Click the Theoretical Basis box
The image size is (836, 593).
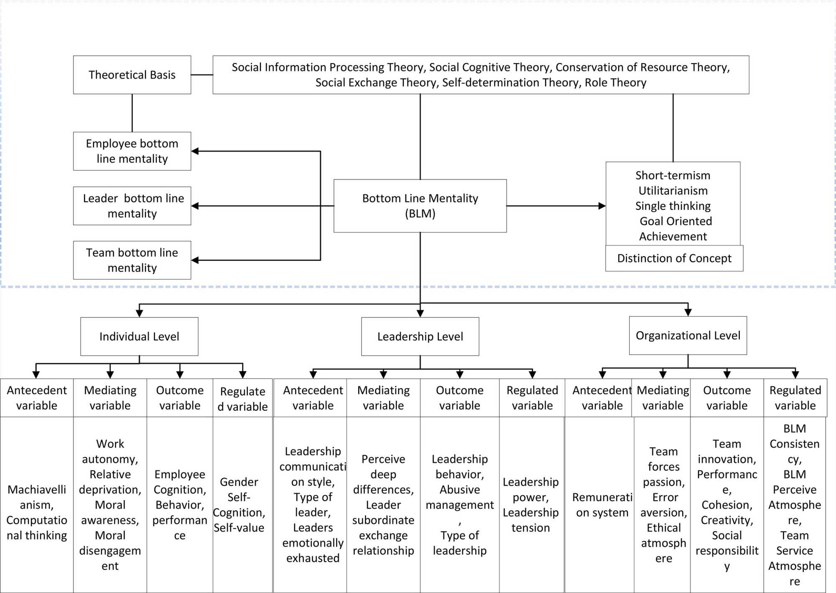tap(132, 75)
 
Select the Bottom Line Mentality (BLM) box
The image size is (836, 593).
tap(420, 206)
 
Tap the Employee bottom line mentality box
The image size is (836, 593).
tap(132, 151)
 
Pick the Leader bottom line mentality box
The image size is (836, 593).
tap(132, 206)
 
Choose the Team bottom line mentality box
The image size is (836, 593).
tap(132, 260)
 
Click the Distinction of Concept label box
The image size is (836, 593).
tap(674, 258)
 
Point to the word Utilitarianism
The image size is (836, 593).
tap(673, 191)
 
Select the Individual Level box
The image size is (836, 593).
tap(139, 336)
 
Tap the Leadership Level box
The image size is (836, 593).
tap(420, 336)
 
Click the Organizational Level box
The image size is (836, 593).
tap(688, 336)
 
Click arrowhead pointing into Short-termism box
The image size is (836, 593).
tap(602, 206)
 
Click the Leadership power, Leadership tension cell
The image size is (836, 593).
tap(531, 505)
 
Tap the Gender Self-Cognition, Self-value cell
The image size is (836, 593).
tap(239, 505)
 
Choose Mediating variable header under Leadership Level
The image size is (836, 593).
tap(383, 397)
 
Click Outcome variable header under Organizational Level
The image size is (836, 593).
tap(727, 397)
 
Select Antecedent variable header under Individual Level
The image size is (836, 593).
tap(37, 397)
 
